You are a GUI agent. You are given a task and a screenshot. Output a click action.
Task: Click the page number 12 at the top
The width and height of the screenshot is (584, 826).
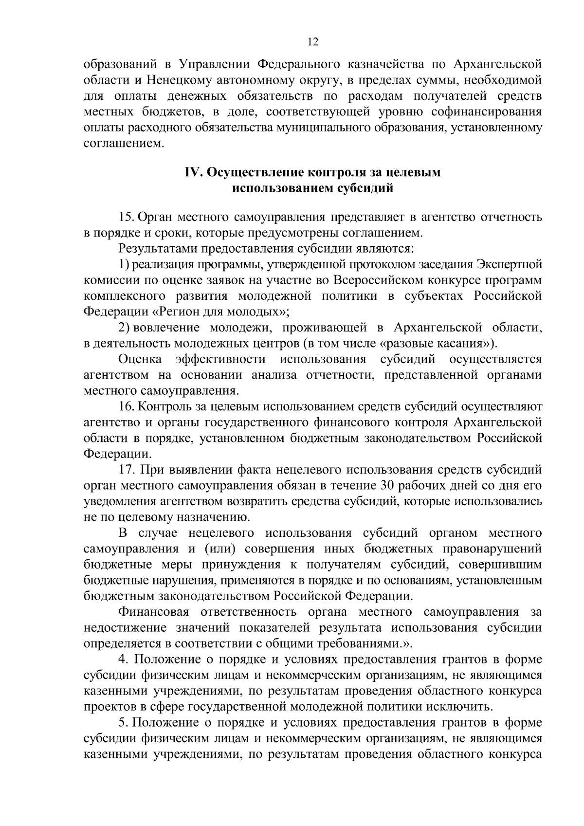pos(312,42)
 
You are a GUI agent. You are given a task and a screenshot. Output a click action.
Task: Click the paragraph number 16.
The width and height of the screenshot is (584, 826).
pos(127,406)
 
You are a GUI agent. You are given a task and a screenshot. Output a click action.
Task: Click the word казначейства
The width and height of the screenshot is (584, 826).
pos(388,64)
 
